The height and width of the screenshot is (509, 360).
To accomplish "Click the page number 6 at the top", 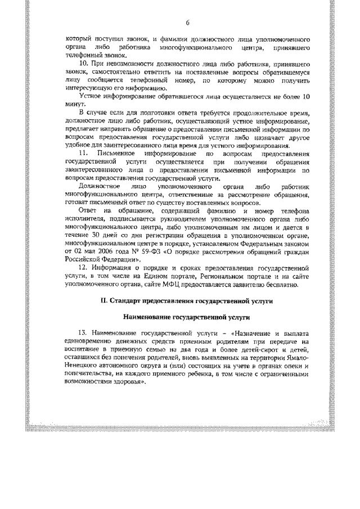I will click(187, 22).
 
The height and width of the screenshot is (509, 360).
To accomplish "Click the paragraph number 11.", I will click(83, 153).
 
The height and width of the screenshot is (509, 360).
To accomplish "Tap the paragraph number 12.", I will click(83, 269).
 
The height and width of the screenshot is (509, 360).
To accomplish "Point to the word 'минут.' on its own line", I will click(74, 105).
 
